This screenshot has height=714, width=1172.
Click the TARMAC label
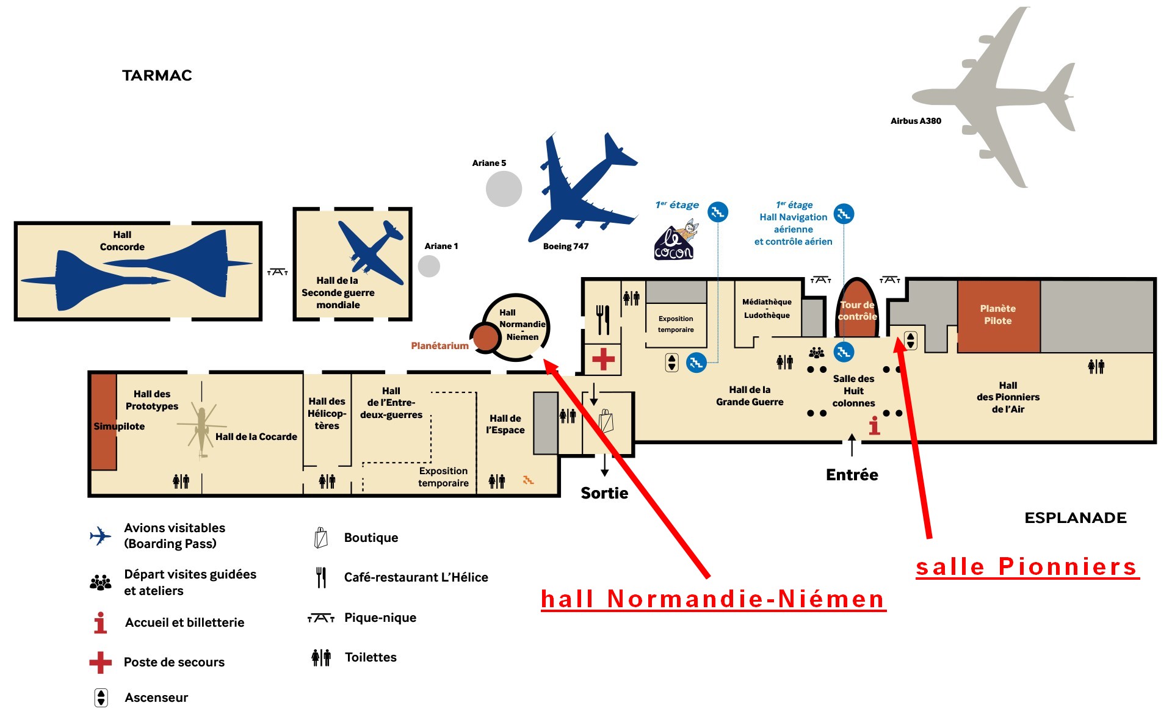tap(157, 76)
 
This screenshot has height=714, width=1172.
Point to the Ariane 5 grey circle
tap(504, 189)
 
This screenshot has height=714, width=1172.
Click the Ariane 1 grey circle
tap(429, 266)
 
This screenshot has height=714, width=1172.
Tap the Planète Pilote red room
tap(999, 316)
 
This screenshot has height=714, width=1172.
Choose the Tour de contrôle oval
tap(857, 308)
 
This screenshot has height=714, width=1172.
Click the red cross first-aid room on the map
tap(603, 359)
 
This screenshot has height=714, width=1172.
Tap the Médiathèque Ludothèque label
tap(767, 309)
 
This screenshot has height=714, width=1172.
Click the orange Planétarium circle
tap(486, 337)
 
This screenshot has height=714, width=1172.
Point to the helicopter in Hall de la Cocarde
tap(201, 427)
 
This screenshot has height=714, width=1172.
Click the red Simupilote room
tap(104, 422)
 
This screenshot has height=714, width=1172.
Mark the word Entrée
tap(852, 475)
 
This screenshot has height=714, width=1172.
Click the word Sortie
tap(604, 493)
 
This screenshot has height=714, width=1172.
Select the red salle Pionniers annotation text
tap(1027, 567)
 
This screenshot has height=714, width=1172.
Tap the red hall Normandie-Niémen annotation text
tap(713, 599)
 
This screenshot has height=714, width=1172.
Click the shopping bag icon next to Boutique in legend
tap(321, 538)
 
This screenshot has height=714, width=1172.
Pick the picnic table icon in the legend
tap(321, 618)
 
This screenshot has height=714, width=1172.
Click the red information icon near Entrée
tap(875, 425)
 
